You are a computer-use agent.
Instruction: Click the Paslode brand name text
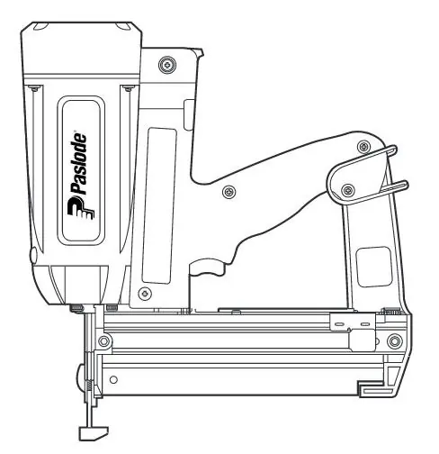[78, 163]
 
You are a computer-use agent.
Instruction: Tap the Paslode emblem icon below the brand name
[81, 208]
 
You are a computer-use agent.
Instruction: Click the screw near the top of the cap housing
[167, 65]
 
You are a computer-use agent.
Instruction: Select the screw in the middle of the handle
[228, 191]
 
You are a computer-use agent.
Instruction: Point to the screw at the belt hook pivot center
[348, 190]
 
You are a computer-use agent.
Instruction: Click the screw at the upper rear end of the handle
[364, 147]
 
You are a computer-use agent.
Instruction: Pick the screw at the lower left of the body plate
[145, 293]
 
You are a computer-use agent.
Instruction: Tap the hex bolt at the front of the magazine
[103, 341]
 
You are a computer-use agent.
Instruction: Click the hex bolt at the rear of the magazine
[394, 341]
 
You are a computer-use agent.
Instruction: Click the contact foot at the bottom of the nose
[93, 433]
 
